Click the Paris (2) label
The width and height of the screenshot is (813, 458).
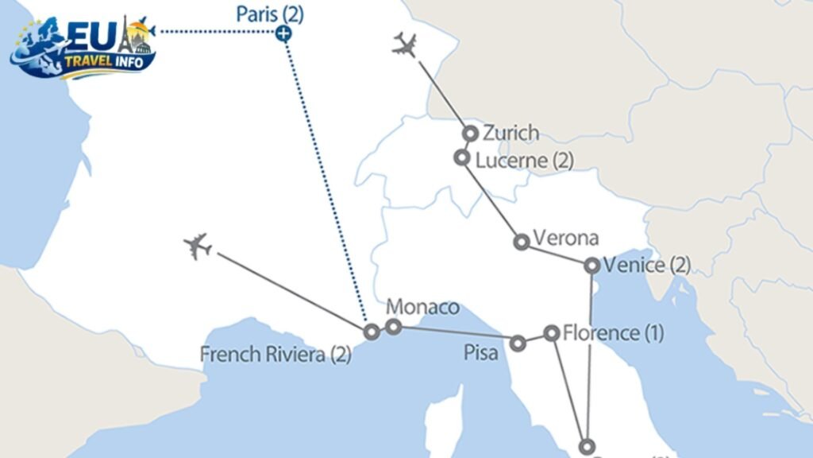(270, 14)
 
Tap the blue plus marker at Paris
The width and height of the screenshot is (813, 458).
(283, 33)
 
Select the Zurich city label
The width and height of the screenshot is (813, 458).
(511, 133)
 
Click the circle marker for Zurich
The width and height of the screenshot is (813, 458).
(471, 134)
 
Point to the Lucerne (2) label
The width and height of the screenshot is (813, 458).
(524, 160)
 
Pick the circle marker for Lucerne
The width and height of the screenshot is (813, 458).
(462, 157)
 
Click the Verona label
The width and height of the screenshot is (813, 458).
(565, 238)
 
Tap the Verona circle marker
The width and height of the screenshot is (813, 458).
(522, 242)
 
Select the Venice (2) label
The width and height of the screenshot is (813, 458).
(646, 265)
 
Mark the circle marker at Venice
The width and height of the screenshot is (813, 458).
(592, 266)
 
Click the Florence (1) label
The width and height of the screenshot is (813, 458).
(612, 332)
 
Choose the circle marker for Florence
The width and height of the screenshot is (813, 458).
(552, 333)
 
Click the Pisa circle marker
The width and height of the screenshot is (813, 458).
(518, 343)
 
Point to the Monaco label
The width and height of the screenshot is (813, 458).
(422, 307)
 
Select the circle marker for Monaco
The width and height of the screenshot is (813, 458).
(393, 327)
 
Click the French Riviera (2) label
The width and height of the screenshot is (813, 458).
(275, 354)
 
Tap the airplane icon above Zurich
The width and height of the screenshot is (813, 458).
(405, 45)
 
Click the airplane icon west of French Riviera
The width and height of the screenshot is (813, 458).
(197, 246)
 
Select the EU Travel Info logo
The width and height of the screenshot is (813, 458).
(83, 47)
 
